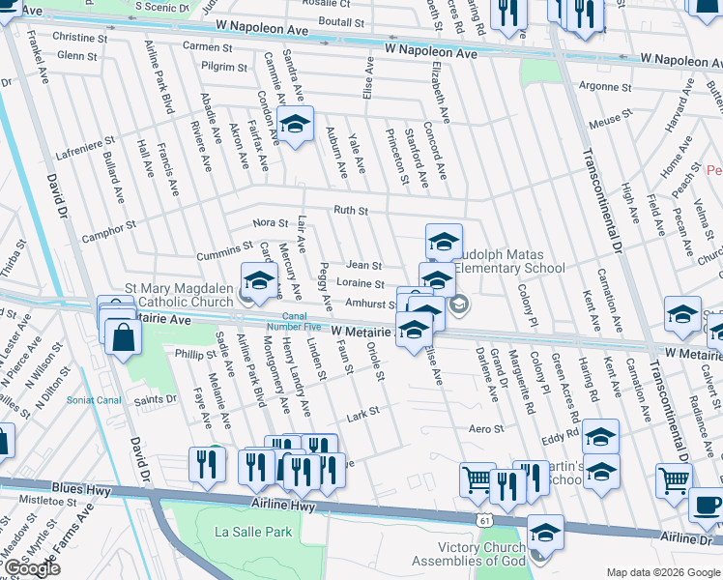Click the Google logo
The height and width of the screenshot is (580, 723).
[31, 568]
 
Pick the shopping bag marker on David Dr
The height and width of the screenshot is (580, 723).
[124, 337]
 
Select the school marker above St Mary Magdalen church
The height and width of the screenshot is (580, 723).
[259, 281]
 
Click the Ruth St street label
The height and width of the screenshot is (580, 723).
[351, 210]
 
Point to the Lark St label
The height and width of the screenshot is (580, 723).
[362, 413]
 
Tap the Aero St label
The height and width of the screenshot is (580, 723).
[486, 429]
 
